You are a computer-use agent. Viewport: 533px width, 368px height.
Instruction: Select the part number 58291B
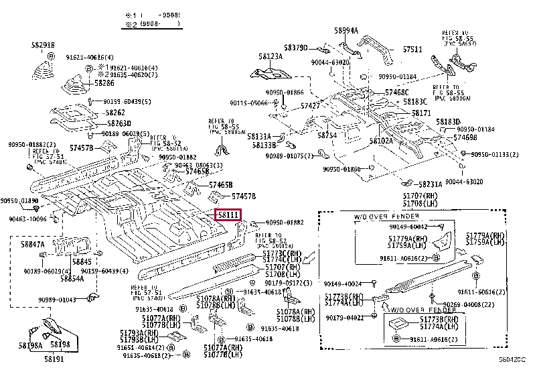click(42, 44)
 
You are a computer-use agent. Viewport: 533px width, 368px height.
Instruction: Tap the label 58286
click(104, 83)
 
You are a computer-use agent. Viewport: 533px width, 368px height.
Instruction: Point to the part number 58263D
click(119, 123)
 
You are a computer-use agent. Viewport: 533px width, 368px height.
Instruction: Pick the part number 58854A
click(72, 278)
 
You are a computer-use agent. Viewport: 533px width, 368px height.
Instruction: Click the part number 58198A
click(31, 346)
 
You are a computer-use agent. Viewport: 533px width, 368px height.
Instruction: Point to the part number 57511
click(412, 50)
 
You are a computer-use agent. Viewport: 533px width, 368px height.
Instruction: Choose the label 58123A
click(271, 56)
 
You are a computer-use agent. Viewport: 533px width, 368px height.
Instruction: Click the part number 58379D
click(295, 48)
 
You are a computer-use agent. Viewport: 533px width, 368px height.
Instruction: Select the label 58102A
click(381, 141)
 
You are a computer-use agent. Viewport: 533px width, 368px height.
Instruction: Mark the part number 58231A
click(430, 184)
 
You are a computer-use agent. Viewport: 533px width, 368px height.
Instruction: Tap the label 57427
click(310, 106)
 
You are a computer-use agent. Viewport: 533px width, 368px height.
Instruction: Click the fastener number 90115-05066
click(250, 103)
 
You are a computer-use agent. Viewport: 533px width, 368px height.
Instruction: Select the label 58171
click(421, 114)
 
